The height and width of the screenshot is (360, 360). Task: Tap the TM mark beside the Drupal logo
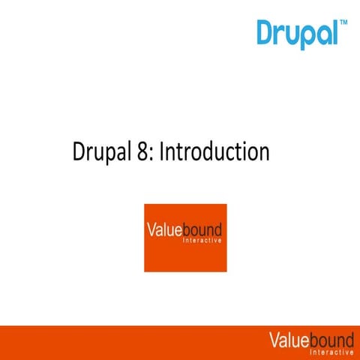(x=343, y=23)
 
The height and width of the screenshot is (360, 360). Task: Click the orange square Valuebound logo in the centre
(x=185, y=237)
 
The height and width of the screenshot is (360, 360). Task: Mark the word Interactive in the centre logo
(x=202, y=241)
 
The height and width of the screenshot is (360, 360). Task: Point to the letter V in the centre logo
(x=151, y=230)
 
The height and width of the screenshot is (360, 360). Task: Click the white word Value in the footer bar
(x=289, y=340)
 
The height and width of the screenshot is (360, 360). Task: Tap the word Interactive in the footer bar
(x=330, y=352)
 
